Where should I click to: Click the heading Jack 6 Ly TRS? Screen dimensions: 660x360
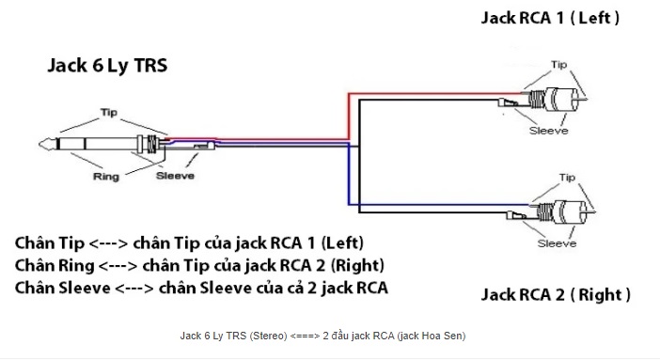pyautogui.click(x=107, y=66)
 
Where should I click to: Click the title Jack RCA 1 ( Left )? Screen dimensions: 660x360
pyautogui.click(x=550, y=18)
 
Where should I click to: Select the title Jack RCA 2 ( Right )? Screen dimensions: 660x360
pyautogui.click(x=556, y=294)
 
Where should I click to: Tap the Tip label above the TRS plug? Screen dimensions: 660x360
pyautogui.click(x=109, y=113)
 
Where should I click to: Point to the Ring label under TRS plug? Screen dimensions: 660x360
pyautogui.click(x=106, y=176)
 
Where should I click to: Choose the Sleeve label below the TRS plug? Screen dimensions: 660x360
pyautogui.click(x=175, y=175)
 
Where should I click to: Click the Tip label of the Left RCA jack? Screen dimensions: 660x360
pyautogui.click(x=559, y=65)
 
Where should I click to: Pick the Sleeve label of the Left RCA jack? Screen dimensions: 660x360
pyautogui.click(x=548, y=131)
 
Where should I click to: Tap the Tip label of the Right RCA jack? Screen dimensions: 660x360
pyautogui.click(x=567, y=178)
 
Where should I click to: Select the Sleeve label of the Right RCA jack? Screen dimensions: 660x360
pyautogui.click(x=557, y=243)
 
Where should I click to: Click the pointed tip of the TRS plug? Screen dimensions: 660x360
pyautogui.click(x=39, y=145)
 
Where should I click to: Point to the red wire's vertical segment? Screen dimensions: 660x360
pyautogui.click(x=349, y=117)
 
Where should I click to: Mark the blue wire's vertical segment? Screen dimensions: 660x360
pyautogui.click(x=349, y=174)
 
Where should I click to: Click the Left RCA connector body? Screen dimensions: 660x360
pyautogui.click(x=555, y=99)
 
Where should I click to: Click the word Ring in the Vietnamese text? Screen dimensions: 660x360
pyautogui.click(x=76, y=266)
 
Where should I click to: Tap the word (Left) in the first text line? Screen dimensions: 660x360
pyautogui.click(x=342, y=243)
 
